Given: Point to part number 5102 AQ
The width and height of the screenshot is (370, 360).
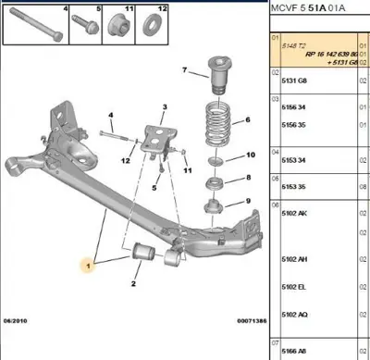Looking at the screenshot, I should click(296, 315).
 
